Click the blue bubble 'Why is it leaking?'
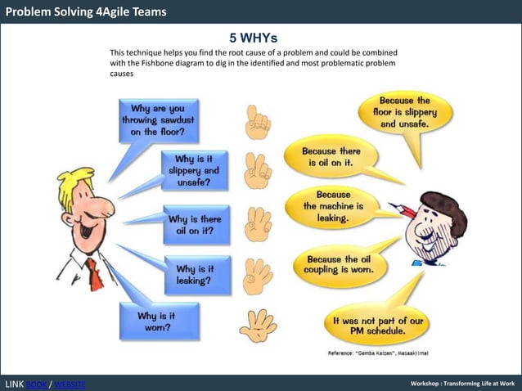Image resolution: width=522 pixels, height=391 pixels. point(192,274)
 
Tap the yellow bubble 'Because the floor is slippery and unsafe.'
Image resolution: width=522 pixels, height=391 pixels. point(406,112)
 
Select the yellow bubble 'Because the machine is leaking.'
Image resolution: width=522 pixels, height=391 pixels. point(333,207)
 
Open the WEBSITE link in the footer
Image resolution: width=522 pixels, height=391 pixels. point(69,384)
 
